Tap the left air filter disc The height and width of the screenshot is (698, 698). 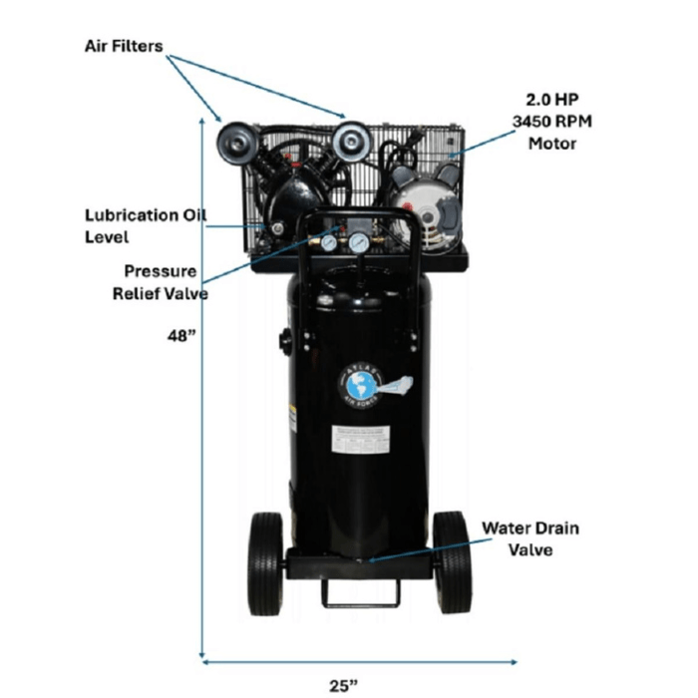pyautogui.click(x=235, y=143)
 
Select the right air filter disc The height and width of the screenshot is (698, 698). pyautogui.click(x=351, y=140)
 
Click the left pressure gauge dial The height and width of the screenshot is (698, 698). pyautogui.click(x=328, y=241)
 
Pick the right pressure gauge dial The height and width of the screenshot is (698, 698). pyautogui.click(x=356, y=241)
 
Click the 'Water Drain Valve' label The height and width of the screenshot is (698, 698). pyautogui.click(x=529, y=536)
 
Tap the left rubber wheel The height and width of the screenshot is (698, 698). pyautogui.click(x=265, y=562)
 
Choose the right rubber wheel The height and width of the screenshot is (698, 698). pyautogui.click(x=452, y=562)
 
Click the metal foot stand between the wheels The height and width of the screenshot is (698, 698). pyautogui.click(x=359, y=590)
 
